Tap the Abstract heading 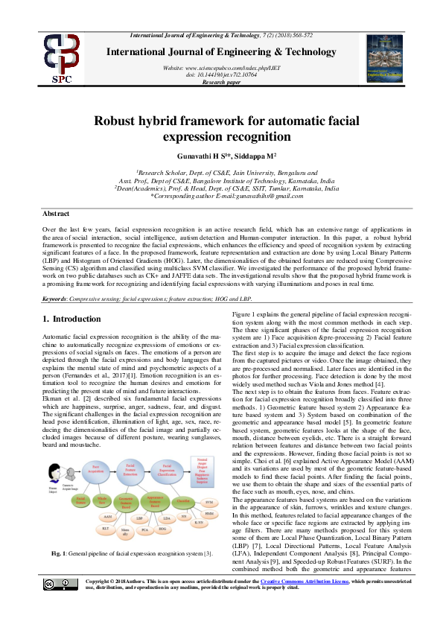click(57, 213)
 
